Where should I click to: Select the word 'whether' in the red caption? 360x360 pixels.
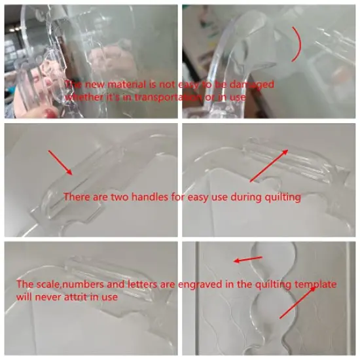click(x=83, y=98)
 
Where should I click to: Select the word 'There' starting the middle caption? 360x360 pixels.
click(x=77, y=196)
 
